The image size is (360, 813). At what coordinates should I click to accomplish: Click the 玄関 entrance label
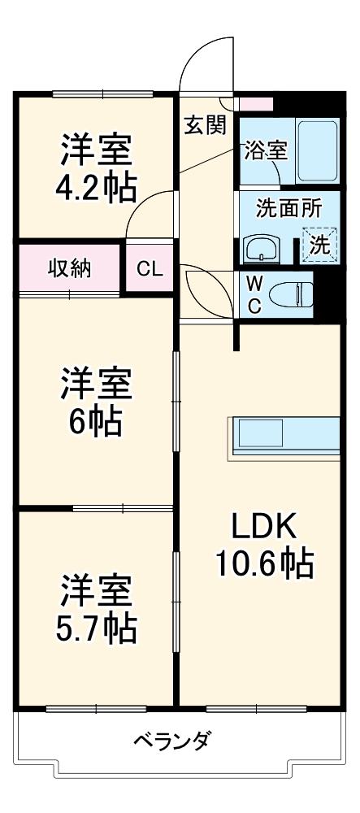206,125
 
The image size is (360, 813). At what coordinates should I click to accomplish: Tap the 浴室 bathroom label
266,150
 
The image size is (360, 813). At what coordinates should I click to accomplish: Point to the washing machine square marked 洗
319,244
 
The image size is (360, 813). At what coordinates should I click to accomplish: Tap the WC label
254,294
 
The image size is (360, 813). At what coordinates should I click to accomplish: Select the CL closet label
150,268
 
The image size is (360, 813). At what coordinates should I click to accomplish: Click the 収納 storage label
70,268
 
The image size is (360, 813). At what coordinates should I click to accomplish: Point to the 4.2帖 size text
97,188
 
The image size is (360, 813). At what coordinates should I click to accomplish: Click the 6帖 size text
97,421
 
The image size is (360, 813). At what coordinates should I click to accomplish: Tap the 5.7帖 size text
97,628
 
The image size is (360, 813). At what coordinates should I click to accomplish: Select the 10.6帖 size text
265,563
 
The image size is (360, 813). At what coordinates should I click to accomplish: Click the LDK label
264,526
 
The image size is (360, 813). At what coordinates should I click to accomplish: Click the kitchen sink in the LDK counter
260,433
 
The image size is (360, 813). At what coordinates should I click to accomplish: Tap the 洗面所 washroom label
289,209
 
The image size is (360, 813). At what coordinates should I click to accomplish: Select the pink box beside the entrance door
256,103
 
